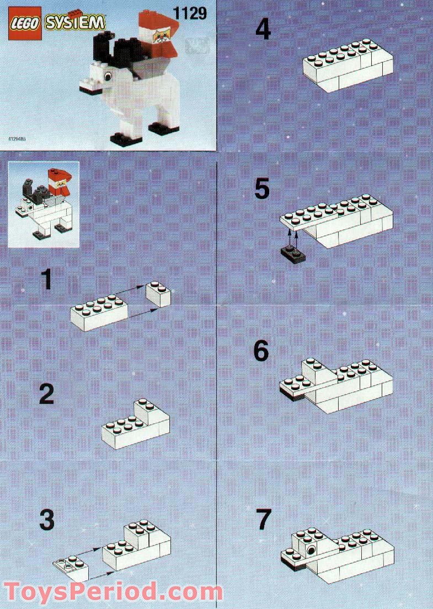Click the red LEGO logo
(25, 25)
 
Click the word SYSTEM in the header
(74, 25)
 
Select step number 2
(46, 395)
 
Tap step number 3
(46, 519)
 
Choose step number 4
(263, 29)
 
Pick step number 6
(261, 351)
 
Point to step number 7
(264, 519)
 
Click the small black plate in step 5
(293, 251)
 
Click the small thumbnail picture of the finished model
(44, 204)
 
